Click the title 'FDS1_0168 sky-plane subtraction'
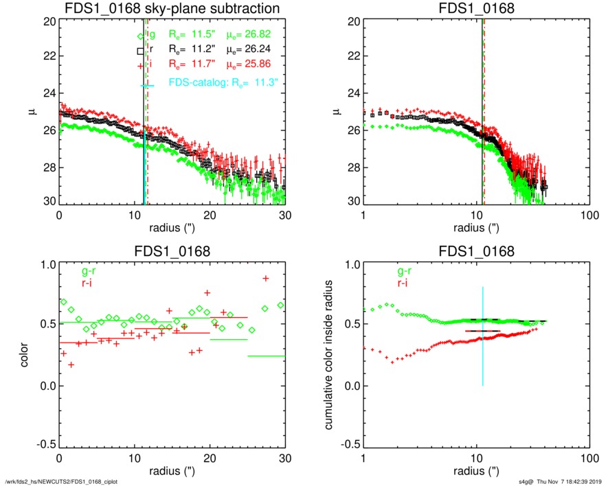pos(172,9)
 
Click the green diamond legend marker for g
pos(141,36)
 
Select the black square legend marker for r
pos(141,51)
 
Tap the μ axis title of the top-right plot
pos(336,112)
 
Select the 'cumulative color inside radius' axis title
pos(330,356)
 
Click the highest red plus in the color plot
pos(266,278)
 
